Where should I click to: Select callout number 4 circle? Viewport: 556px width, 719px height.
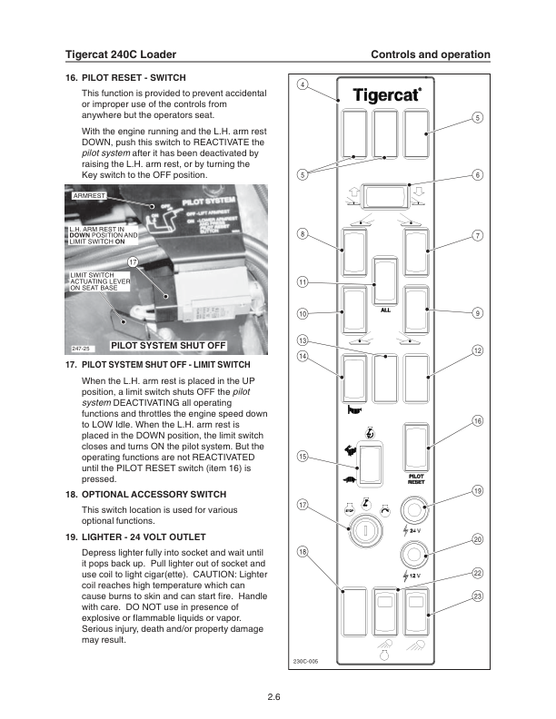(x=303, y=85)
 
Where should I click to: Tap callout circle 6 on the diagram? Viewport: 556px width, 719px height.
(x=477, y=175)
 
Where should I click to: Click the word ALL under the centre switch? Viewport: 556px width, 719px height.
(x=385, y=310)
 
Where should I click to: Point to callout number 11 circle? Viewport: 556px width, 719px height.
(x=303, y=281)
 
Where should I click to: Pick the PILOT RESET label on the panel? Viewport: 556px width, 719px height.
(x=416, y=478)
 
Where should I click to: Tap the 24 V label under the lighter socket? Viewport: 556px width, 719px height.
(x=415, y=530)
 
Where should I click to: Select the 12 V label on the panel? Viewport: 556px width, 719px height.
(x=415, y=576)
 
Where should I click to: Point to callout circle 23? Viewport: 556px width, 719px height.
(x=477, y=596)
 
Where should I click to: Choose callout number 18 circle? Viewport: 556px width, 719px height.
(x=303, y=552)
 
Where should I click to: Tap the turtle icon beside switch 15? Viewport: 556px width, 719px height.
(x=349, y=480)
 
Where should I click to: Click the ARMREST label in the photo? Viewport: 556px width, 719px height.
(x=84, y=194)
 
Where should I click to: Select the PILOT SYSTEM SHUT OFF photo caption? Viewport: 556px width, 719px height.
(x=168, y=345)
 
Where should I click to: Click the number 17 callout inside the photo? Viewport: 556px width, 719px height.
(x=133, y=262)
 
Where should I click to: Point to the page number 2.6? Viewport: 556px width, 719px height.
(x=273, y=697)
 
